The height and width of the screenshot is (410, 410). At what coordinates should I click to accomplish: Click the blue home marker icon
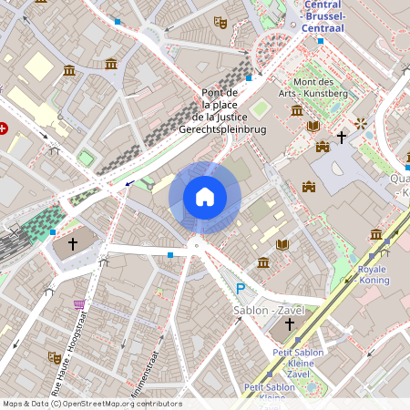tap(204, 196)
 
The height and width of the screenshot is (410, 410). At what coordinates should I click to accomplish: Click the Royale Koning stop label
tap(373, 275)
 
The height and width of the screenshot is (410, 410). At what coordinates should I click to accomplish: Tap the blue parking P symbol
tap(241, 290)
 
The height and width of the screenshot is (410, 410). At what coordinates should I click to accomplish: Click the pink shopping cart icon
tap(79, 303)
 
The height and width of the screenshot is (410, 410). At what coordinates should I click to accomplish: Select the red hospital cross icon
tap(5, 128)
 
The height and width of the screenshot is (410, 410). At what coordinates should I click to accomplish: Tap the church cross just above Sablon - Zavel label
tap(290, 324)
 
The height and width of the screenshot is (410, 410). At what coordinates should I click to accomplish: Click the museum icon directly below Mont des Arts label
tap(297, 111)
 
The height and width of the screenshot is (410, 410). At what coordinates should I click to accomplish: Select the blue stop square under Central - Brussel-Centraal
tap(321, 41)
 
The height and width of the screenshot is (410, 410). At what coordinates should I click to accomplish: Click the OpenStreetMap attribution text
tap(91, 404)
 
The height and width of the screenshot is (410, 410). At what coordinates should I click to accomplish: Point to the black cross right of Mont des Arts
tap(342, 138)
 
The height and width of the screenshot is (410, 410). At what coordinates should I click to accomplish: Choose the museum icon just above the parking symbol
tap(263, 262)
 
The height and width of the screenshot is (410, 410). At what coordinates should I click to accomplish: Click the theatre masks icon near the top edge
tap(219, 21)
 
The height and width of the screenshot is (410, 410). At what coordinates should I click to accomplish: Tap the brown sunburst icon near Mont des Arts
tap(361, 123)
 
